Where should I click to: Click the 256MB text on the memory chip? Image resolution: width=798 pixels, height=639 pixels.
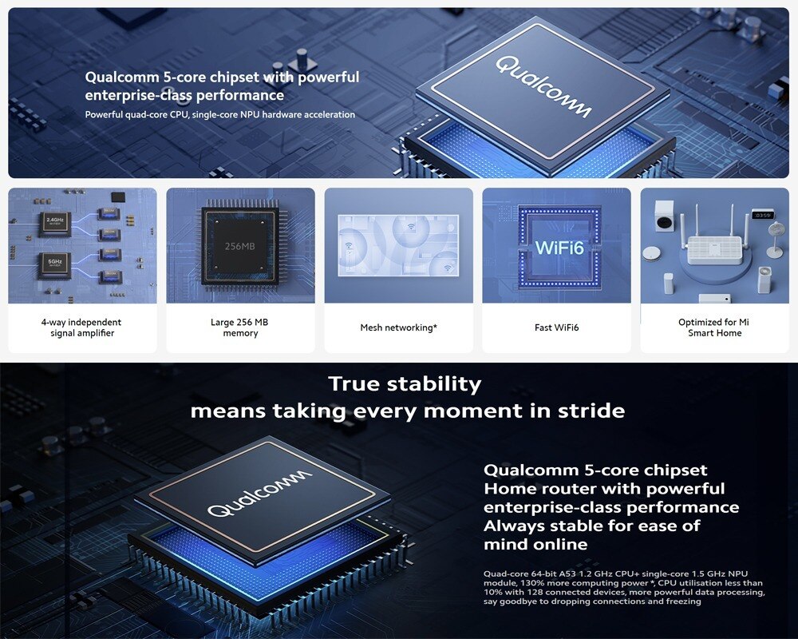239,246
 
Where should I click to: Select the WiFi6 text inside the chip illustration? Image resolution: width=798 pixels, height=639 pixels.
559,248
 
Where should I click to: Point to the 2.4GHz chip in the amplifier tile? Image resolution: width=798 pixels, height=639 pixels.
54,223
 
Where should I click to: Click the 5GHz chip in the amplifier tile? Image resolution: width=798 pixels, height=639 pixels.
54,264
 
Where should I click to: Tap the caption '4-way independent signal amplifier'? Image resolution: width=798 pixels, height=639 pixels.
81,327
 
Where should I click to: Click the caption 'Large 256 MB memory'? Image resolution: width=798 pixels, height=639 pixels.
240,327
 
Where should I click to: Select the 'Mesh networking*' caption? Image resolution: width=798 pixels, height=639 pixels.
398,327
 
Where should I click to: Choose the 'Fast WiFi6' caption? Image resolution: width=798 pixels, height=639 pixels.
556,327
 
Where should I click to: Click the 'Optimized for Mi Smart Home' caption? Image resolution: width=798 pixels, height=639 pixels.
714,327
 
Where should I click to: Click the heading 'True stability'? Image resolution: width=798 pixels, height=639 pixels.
405,384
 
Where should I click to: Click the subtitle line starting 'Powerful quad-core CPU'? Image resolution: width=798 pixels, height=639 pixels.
219,115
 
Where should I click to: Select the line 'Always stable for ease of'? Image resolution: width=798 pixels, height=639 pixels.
591,526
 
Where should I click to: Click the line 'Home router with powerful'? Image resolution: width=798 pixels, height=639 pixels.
604,488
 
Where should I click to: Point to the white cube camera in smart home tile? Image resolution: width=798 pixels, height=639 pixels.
664,215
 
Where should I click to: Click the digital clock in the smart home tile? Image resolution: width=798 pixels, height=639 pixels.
763,215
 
